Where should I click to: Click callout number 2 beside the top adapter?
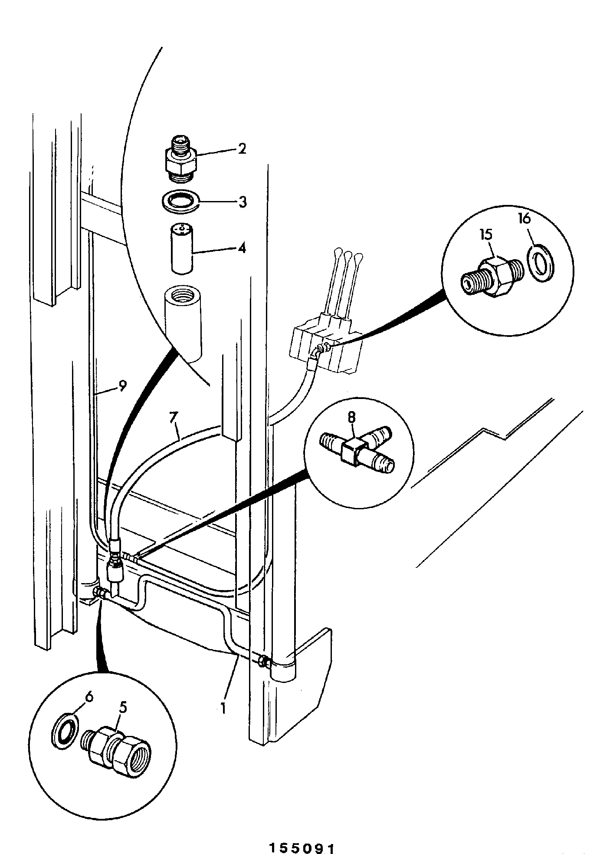click(x=242, y=149)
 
